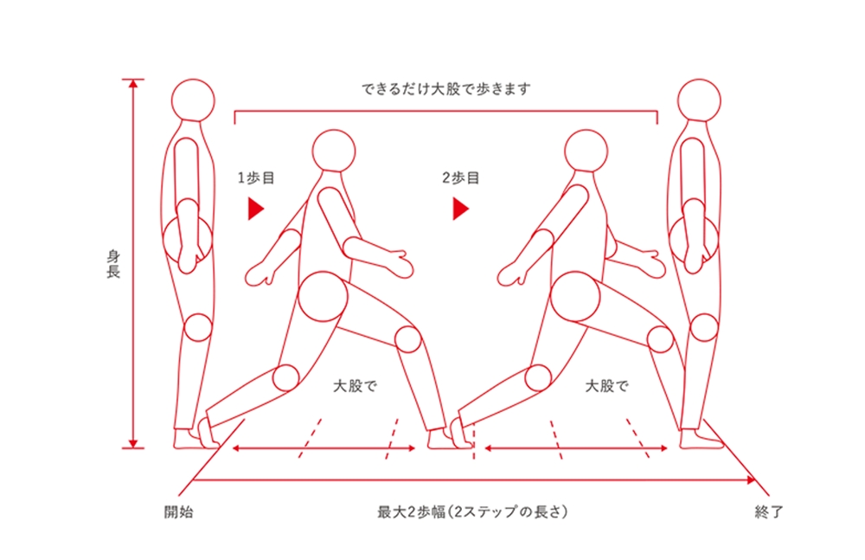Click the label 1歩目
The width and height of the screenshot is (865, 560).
pyautogui.click(x=256, y=177)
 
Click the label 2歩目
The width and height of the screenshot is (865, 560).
pyautogui.click(x=461, y=177)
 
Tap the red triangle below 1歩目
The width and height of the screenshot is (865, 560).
pyautogui.click(x=255, y=209)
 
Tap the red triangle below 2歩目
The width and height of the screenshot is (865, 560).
pyautogui.click(x=461, y=209)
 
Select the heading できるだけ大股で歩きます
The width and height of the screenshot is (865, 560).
pyautogui.click(x=445, y=89)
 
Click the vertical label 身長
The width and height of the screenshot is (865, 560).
pyautogui.click(x=113, y=264)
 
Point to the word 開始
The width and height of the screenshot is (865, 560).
pyautogui.click(x=179, y=512)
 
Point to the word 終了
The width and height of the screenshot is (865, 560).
pyautogui.click(x=769, y=512)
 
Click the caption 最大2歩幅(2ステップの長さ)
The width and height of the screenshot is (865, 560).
pyautogui.click(x=472, y=512)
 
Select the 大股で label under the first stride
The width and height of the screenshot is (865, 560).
pyautogui.click(x=355, y=385)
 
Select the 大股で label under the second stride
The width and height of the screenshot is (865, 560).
pyautogui.click(x=607, y=385)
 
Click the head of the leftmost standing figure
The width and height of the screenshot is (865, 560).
pyautogui.click(x=193, y=100)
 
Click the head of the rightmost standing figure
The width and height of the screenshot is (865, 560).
pyautogui.click(x=699, y=100)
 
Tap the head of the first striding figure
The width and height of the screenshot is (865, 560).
pyautogui.click(x=334, y=151)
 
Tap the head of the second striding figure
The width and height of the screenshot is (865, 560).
pyautogui.click(x=586, y=151)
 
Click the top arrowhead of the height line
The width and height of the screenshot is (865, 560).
pyautogui.click(x=132, y=84)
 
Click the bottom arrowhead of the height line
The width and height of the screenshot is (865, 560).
pyautogui.click(x=132, y=443)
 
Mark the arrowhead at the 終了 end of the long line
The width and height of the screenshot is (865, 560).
pyautogui.click(x=751, y=480)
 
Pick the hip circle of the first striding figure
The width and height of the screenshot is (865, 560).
pyautogui.click(x=323, y=297)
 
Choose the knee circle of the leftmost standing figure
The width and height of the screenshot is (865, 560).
pyautogui.click(x=197, y=327)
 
